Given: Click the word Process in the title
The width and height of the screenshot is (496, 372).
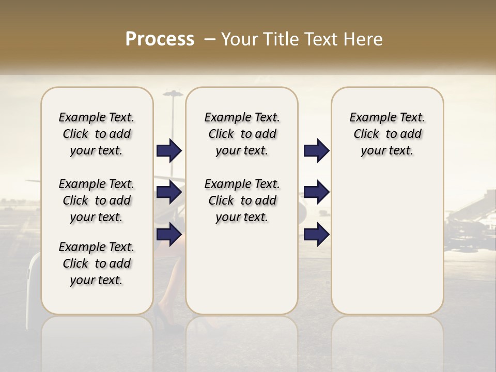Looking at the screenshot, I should (160, 39).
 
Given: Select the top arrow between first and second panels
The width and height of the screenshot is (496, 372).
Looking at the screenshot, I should (169, 151).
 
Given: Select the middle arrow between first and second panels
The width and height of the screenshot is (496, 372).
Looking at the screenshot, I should (169, 192).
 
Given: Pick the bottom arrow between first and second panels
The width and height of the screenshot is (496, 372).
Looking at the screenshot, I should (169, 234).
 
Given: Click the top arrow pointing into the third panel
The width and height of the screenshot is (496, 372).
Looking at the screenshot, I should (316, 151).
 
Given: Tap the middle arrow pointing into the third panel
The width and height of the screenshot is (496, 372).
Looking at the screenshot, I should (316, 192).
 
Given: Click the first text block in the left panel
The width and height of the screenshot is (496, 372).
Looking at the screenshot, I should (97, 134).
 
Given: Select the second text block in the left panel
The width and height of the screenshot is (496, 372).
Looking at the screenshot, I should (97, 200).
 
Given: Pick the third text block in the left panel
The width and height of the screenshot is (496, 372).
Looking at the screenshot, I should (97, 263).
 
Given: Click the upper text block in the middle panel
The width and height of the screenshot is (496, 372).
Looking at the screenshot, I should (242, 134).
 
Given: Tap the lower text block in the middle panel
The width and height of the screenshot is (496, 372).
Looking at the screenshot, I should (242, 200).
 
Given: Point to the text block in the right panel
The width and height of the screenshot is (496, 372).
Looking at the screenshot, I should (388, 134).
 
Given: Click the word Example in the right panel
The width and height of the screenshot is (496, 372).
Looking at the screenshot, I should (368, 117).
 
